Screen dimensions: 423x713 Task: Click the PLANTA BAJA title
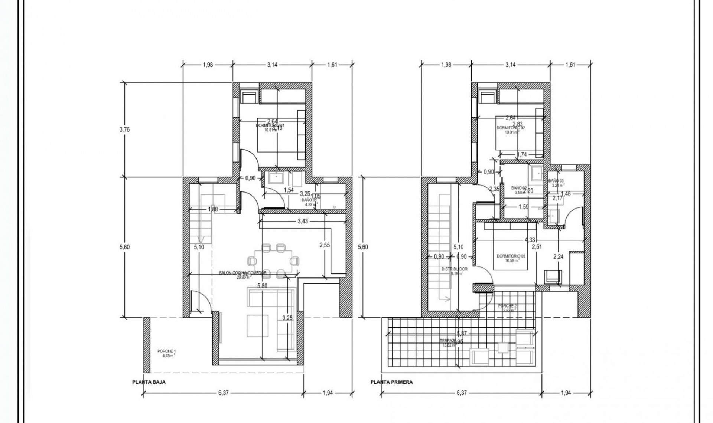point(149,382)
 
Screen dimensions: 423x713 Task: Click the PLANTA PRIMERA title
point(391,382)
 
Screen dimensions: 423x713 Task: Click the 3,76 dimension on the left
point(124,129)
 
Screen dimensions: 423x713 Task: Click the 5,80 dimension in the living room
point(262,286)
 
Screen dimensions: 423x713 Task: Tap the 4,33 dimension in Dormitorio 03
point(530,240)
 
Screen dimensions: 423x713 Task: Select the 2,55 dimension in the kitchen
point(325,245)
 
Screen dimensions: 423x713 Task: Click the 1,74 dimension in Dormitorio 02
point(522,155)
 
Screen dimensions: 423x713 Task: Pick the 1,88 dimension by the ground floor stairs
point(213,209)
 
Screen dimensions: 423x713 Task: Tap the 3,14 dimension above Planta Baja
point(272,65)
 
